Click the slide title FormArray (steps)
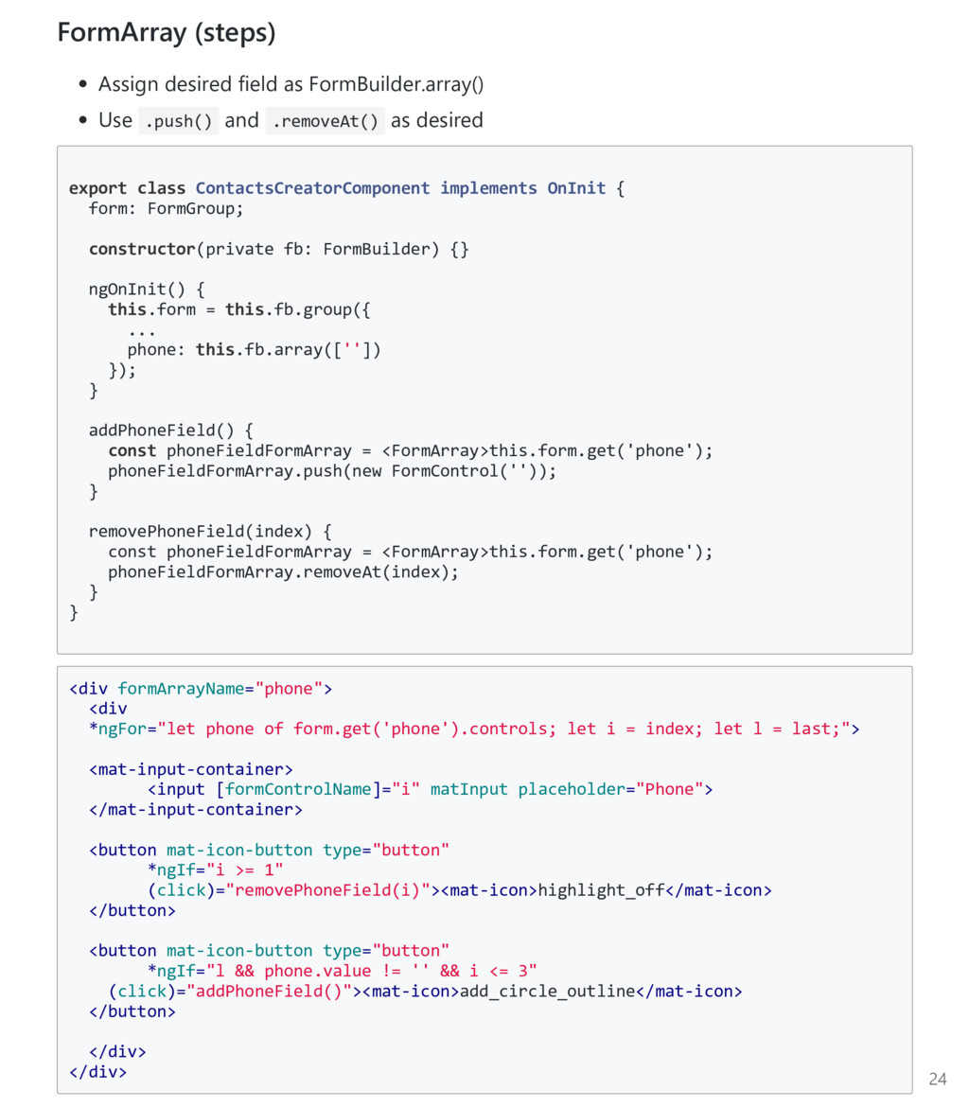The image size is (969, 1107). [167, 33]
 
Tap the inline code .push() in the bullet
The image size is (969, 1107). [179, 121]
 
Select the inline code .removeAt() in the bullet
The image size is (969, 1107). [325, 121]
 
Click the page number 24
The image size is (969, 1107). [937, 1079]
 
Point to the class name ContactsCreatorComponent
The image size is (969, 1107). [312, 188]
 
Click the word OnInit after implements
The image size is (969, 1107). [576, 188]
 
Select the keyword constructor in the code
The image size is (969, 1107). [141, 249]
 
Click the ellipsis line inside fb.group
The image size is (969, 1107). [141, 330]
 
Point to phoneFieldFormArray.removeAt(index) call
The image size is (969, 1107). [283, 571]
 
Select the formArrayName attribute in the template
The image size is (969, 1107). [181, 689]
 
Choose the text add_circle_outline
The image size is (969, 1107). [547, 992]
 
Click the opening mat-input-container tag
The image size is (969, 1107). [191, 769]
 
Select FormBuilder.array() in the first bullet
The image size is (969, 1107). [396, 84]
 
